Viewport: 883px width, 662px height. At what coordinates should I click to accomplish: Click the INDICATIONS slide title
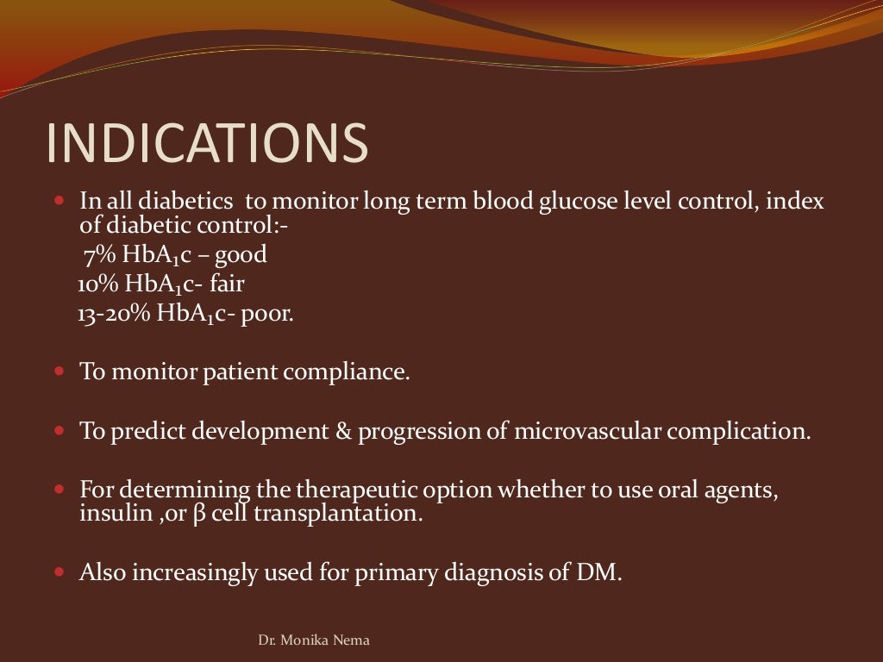click(x=207, y=143)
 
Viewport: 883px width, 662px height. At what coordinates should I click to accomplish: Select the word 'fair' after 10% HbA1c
click(x=228, y=284)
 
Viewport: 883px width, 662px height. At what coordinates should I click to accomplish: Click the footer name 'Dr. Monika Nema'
click(x=315, y=640)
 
